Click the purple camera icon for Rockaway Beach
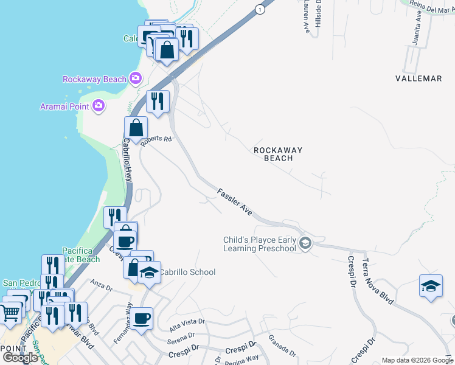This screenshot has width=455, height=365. tap(135, 78)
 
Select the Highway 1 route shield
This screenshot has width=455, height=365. tap(260, 9)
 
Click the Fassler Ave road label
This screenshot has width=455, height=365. tap(235, 202)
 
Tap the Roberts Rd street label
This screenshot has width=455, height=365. tap(156, 140)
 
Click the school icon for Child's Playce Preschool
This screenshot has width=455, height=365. tap(305, 244)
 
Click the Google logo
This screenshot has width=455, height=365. tap(20, 358)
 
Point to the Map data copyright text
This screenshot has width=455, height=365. tap(417, 360)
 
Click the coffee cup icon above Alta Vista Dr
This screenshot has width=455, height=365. tap(142, 318)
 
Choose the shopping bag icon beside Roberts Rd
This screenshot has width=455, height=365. tap(136, 128)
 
